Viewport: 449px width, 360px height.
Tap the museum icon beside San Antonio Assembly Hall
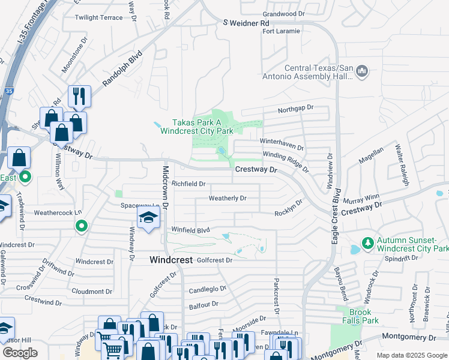pos(361,72)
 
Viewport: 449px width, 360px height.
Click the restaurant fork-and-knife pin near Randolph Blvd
pos(79,95)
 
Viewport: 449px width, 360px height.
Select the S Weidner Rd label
pos(246,23)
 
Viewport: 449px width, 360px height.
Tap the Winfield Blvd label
pos(191,230)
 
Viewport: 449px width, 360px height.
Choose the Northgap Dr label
pos(295,108)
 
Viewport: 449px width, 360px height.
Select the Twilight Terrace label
pos(98,18)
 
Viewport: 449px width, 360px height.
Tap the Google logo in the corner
pos(20,353)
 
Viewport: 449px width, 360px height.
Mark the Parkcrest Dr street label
pos(276,295)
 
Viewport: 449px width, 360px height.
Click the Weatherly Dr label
pos(228,198)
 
